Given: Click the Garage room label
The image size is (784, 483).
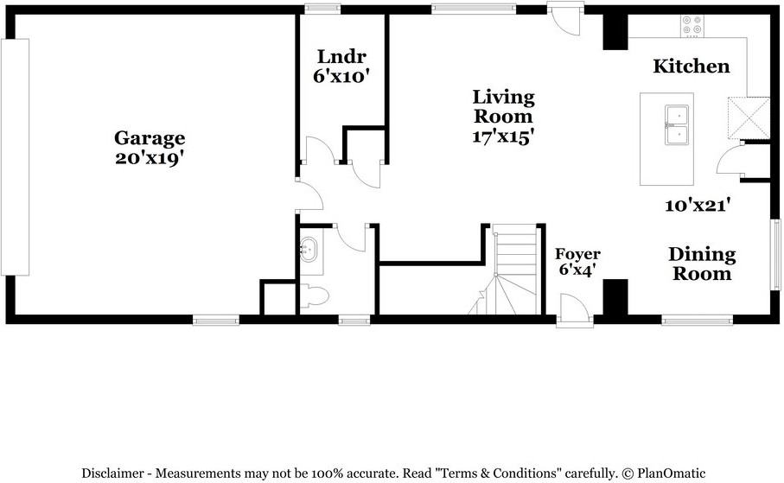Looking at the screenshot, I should point(150,138).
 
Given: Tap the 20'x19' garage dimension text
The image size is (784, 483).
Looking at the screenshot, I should point(150,159).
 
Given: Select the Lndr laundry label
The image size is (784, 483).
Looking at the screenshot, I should point(341,57).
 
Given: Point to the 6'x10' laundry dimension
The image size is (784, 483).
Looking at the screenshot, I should point(341,77).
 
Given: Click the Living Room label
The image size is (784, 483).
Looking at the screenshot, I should point(503,106).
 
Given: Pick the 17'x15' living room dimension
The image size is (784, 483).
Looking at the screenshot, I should point(503,137).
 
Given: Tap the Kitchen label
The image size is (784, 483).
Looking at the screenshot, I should point(691,67).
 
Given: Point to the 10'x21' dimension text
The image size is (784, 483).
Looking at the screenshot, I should point(698,206).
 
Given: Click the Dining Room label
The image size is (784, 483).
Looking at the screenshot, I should point(702,264).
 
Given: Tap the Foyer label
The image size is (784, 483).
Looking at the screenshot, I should point(577,254).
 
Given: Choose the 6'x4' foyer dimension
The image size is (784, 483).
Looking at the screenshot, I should point(577,270).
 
